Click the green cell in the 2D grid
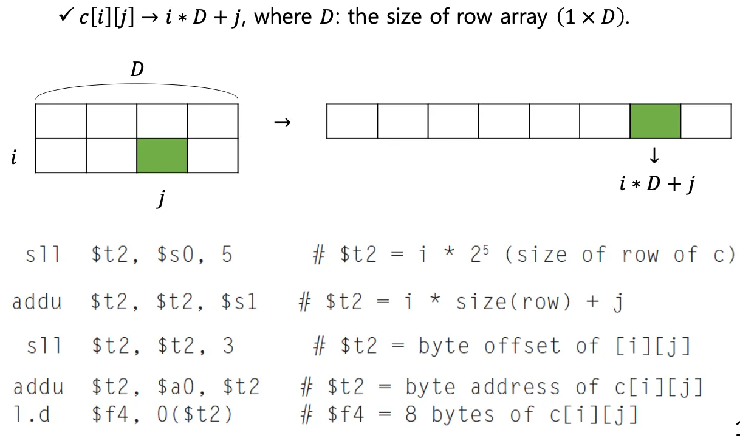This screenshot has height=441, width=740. pyautogui.click(x=162, y=156)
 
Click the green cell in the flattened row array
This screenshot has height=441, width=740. pyautogui.click(x=655, y=121)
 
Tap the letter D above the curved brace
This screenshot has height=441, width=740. pyautogui.click(x=137, y=70)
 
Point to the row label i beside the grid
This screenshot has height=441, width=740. pyautogui.click(x=13, y=159)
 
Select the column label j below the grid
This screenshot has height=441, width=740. pyautogui.click(x=160, y=198)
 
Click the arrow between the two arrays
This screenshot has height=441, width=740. pyautogui.click(x=282, y=123)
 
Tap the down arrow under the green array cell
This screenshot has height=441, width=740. pyautogui.click(x=654, y=156)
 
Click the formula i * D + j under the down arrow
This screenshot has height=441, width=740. pyautogui.click(x=657, y=183)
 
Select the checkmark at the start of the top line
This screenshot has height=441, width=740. pyautogui.click(x=66, y=16)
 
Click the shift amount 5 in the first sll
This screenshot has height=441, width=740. pyautogui.click(x=227, y=255)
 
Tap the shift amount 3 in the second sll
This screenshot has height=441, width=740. pyautogui.click(x=228, y=346)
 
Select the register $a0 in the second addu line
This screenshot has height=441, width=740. pyautogui.click(x=176, y=387)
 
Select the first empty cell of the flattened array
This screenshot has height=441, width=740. pyautogui.click(x=352, y=121)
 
